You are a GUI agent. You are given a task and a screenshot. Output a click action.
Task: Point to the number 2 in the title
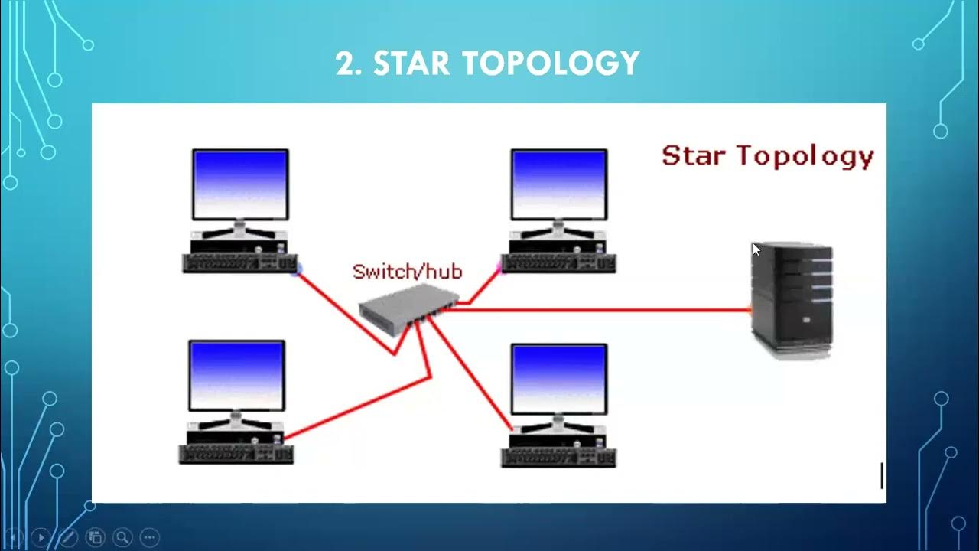point(349,63)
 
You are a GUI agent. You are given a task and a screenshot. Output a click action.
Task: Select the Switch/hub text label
point(407,271)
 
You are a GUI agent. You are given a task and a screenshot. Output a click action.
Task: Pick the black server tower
point(792,298)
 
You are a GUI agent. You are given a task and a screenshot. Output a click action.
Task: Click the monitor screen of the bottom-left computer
point(236,376)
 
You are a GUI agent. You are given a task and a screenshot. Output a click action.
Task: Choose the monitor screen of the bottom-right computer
point(559,379)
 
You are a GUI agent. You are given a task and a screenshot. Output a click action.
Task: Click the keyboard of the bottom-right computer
point(558,457)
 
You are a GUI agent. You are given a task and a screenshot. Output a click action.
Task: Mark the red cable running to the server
point(597,310)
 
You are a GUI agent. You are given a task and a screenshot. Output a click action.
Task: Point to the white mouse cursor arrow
point(756,249)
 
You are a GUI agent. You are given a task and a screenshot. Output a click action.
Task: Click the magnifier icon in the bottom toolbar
point(122,537)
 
